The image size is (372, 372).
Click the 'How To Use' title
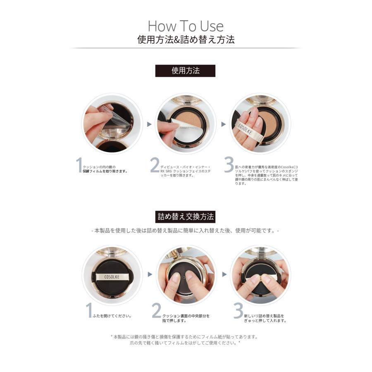(186, 26)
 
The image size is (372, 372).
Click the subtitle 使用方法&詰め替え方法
(186, 40)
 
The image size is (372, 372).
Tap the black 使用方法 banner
(185, 71)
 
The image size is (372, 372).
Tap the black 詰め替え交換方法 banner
(186, 217)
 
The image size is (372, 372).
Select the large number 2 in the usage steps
(154, 165)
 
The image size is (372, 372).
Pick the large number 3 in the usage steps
(229, 165)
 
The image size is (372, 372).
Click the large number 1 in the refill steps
(88, 311)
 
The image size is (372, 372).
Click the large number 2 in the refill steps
(156, 311)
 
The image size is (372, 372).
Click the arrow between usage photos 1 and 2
(149, 124)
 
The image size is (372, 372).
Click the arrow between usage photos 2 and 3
(223, 124)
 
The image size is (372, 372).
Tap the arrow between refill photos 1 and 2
(149, 274)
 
